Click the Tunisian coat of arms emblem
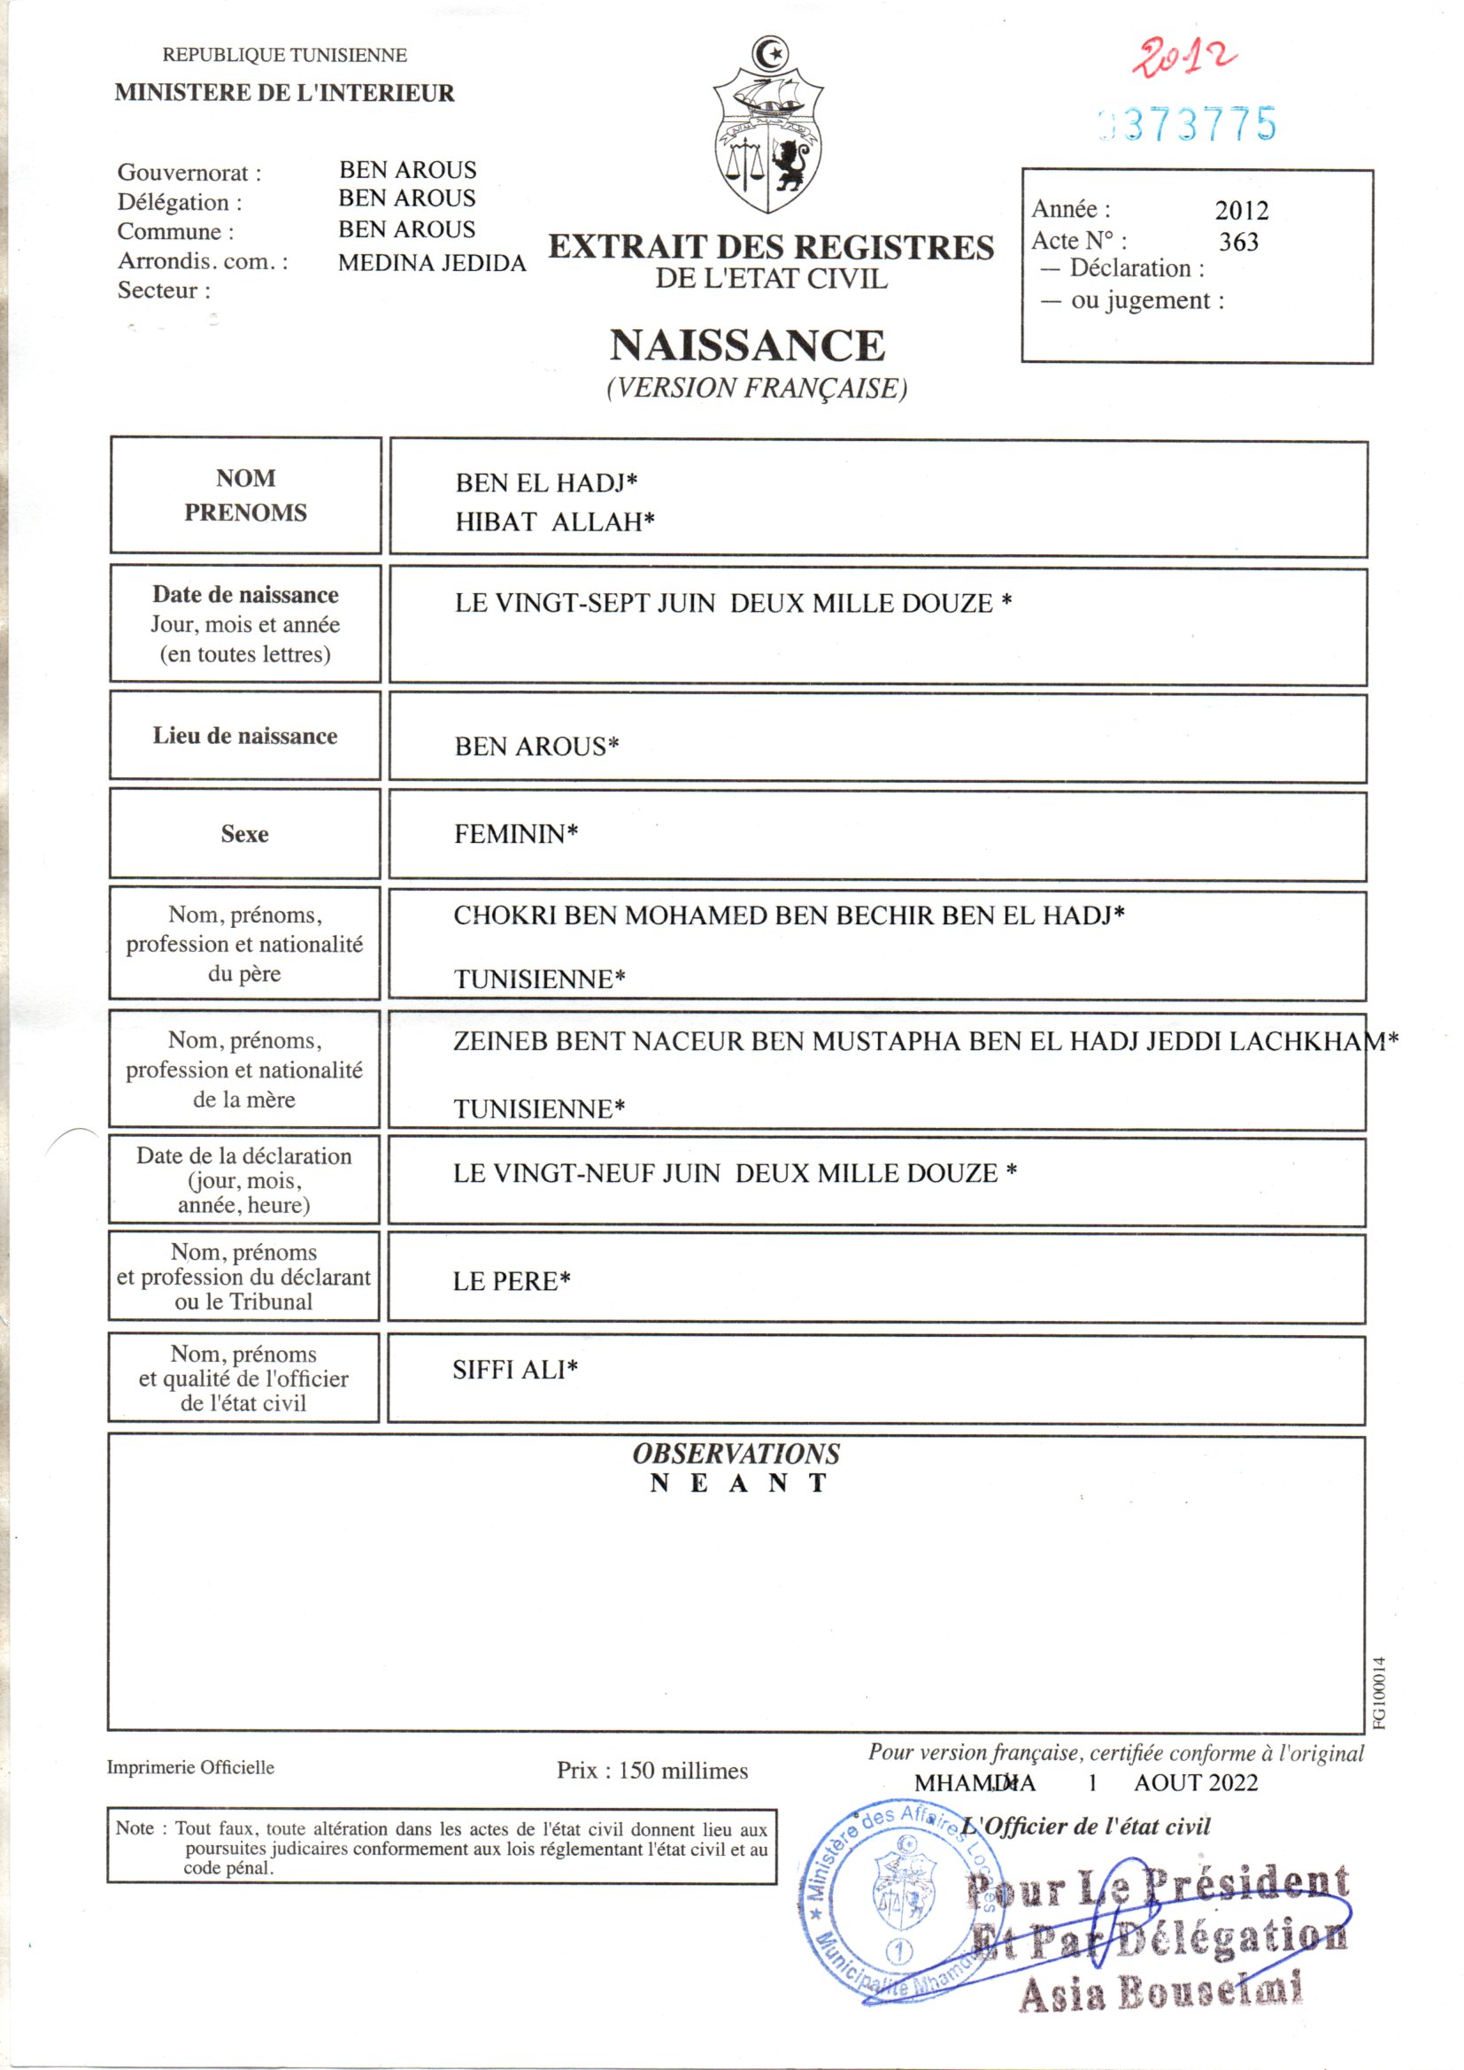(x=767, y=127)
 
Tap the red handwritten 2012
(x=1183, y=58)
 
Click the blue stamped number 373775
(x=1188, y=125)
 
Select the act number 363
(x=1237, y=242)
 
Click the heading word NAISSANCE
(x=747, y=345)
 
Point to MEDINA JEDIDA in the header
(x=432, y=263)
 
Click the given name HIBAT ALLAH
(x=553, y=521)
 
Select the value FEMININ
(x=515, y=834)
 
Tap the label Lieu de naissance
(x=244, y=736)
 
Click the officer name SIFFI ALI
(x=514, y=1370)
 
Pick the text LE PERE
(x=510, y=1281)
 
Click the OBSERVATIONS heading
(x=736, y=1453)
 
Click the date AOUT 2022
(x=1195, y=1782)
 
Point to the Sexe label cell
(x=244, y=834)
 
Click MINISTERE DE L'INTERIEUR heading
(x=284, y=93)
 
